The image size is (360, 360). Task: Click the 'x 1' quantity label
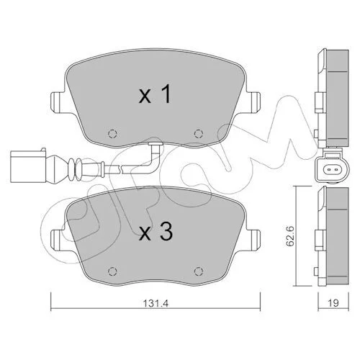(x=155, y=94)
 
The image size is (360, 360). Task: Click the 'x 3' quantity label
(x=156, y=231)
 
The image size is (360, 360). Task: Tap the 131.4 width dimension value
(x=156, y=303)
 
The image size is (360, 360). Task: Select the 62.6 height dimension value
(x=290, y=236)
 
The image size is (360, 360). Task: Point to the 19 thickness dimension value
(x=333, y=303)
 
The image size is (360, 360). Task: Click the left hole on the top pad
(x=112, y=133)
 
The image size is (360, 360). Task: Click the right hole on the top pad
(x=199, y=133)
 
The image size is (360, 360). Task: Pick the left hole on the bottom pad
(x=112, y=271)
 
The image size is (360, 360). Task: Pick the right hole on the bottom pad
(x=199, y=271)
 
